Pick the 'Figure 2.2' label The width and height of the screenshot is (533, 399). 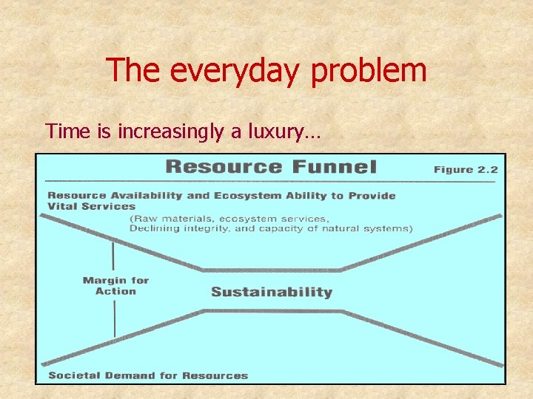[x=465, y=169]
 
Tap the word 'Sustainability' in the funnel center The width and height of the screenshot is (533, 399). [x=272, y=292]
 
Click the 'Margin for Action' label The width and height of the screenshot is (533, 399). [x=115, y=286]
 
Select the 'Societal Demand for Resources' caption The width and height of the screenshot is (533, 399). [x=148, y=375]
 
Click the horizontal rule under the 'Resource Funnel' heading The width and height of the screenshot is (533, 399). [x=270, y=181]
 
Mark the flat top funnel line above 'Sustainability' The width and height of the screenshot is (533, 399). [x=272, y=270]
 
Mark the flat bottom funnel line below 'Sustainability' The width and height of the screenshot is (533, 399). [x=272, y=311]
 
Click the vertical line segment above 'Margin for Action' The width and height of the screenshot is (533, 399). [x=113, y=255]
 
